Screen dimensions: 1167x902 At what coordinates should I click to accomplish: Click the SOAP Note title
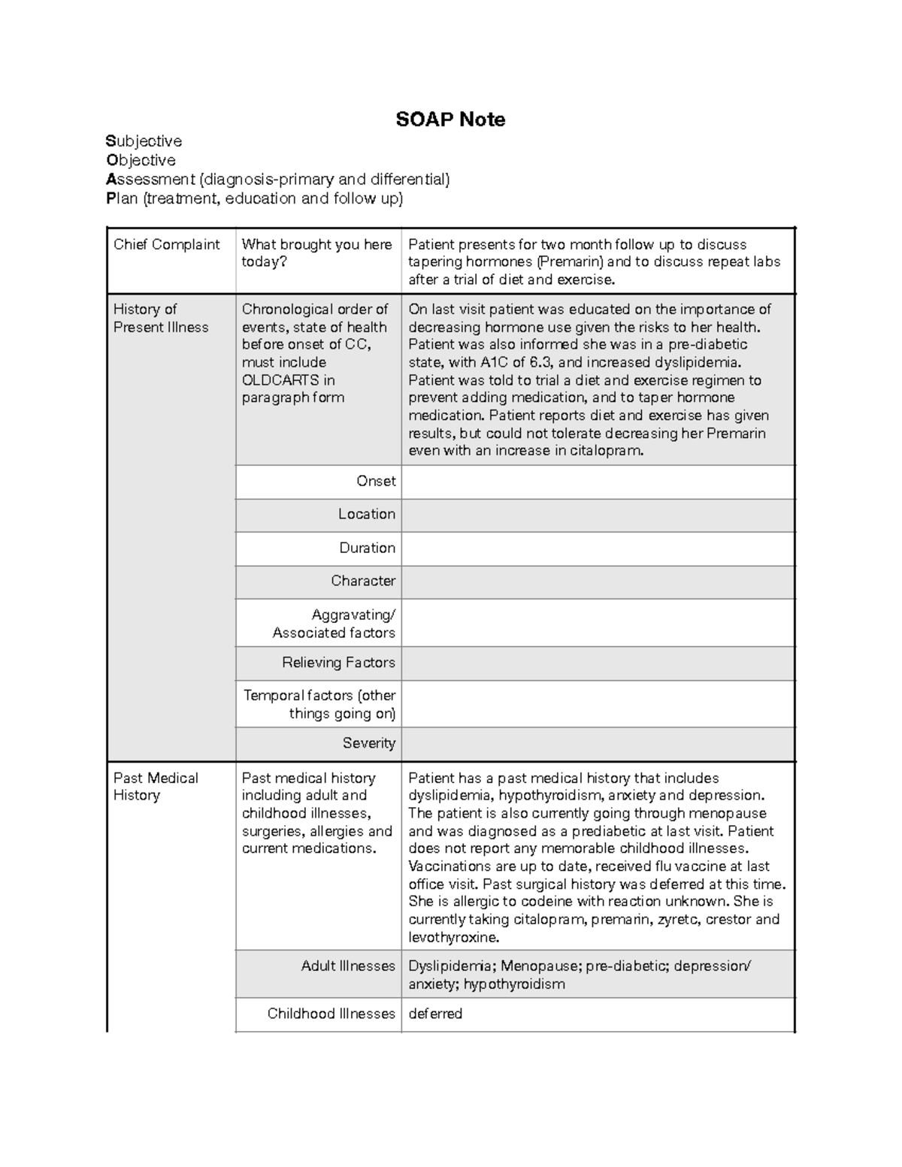pos(450,119)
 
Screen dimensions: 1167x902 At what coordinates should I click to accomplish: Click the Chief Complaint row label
pos(166,244)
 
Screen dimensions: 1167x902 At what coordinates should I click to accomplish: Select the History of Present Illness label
pos(160,318)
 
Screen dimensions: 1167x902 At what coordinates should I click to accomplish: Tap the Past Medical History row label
pos(156,787)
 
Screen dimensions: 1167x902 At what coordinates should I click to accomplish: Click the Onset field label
pos(376,481)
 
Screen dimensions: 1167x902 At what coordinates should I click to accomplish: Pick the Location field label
pos(366,514)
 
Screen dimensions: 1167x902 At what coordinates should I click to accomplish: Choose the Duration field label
pos(367,548)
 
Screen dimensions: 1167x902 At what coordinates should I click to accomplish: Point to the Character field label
pos(363,581)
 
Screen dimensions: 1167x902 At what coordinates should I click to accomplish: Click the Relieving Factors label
pos(338,663)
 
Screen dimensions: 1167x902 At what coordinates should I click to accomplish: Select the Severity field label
pos(368,743)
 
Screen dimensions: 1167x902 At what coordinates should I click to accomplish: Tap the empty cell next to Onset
pos(598,482)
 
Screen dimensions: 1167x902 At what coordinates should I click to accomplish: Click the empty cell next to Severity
pos(598,744)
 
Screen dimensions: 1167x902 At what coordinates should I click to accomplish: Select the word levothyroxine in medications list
pos(453,938)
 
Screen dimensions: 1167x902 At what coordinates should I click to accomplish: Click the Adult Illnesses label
pos(347,966)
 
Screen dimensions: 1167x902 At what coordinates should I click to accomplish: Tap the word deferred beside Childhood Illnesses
pos(435,1014)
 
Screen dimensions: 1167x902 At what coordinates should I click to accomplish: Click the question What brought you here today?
pos(316,253)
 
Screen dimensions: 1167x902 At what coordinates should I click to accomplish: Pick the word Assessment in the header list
pos(150,180)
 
